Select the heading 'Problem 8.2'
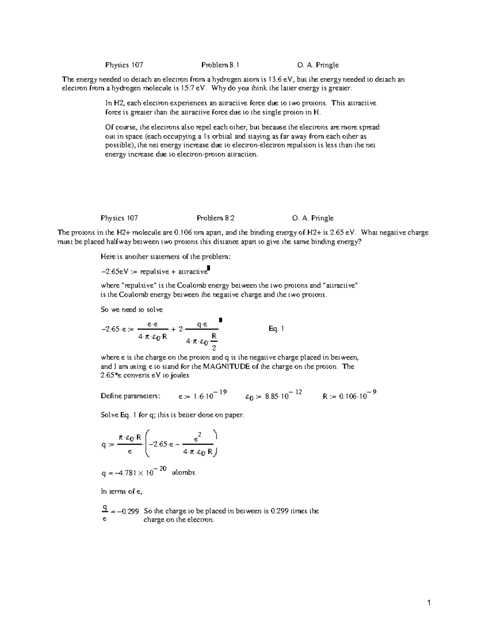tap(215, 218)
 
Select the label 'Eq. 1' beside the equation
tap(276, 329)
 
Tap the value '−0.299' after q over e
tap(128, 511)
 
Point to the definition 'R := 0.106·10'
tap(349, 395)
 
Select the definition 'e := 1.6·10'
tap(203, 395)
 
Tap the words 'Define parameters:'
tap(130, 396)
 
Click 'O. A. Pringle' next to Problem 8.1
tap(318, 65)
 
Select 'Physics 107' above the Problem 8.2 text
tap(119, 218)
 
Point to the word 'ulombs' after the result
tap(183, 473)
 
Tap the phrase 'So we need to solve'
tap(132, 310)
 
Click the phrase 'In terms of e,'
tap(121, 492)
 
